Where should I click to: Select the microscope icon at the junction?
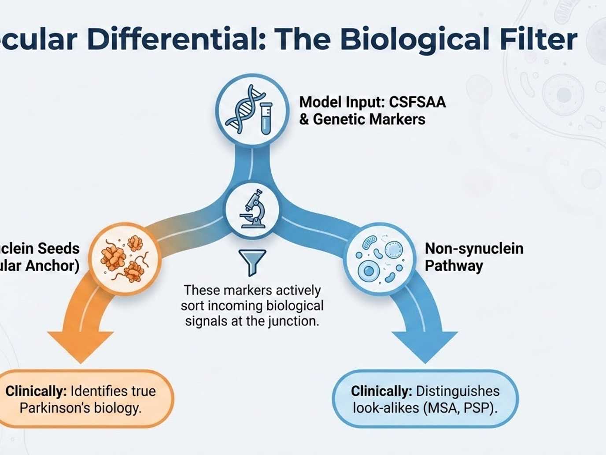[252, 209]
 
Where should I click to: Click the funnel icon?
[252, 262]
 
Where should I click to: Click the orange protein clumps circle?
[125, 259]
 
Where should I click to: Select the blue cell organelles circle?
[379, 259]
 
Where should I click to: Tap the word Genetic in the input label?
[339, 119]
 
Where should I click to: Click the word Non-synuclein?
[474, 249]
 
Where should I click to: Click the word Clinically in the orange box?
[35, 391]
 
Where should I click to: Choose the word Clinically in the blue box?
[381, 391]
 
